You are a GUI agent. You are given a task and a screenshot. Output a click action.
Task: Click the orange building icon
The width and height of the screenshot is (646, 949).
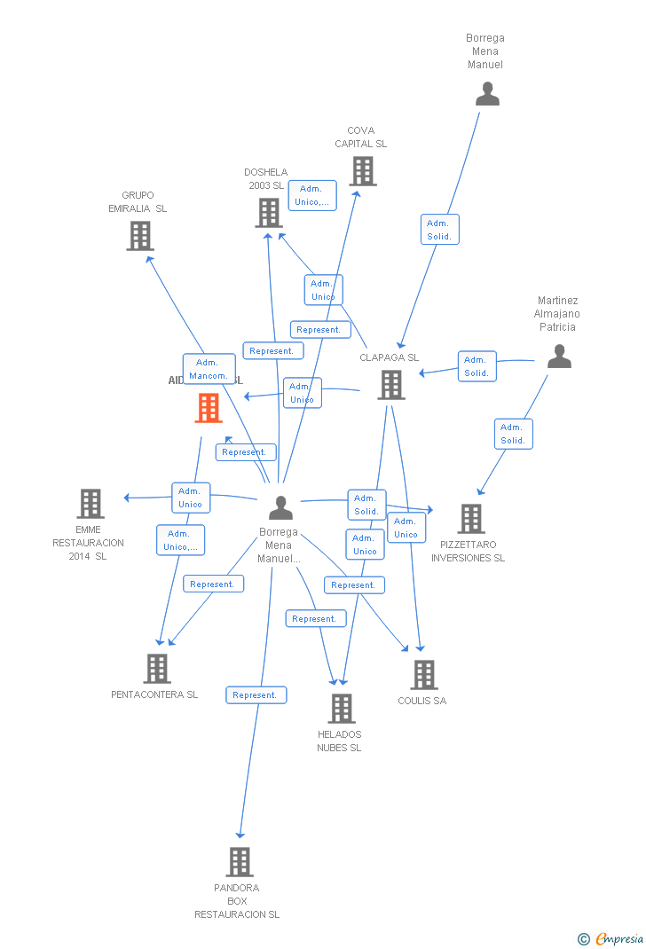click(x=209, y=408)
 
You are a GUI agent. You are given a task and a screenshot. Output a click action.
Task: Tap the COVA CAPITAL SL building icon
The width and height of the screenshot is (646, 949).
click(x=362, y=171)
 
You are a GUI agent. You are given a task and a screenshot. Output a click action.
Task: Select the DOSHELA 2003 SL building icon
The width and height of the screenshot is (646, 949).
click(x=269, y=213)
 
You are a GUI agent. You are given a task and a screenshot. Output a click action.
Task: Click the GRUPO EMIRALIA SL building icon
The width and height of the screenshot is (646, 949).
click(x=139, y=236)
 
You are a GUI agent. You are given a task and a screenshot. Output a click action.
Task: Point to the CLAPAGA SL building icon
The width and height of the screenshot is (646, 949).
click(x=391, y=385)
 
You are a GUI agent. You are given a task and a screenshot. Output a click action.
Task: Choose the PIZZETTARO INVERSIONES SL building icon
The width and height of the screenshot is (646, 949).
click(x=470, y=519)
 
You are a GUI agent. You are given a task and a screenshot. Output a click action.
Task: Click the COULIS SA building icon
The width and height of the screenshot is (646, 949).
click(x=423, y=675)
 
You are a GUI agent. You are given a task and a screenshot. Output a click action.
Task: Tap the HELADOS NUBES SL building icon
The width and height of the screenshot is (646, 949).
click(x=342, y=709)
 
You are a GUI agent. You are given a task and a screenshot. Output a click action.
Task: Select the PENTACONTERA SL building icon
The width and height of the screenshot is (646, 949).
click(x=156, y=669)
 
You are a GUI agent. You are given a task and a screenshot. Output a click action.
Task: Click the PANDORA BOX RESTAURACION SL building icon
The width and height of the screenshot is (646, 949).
click(x=239, y=861)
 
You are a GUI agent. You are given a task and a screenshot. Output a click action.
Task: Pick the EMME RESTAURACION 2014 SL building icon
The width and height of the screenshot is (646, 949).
click(x=90, y=504)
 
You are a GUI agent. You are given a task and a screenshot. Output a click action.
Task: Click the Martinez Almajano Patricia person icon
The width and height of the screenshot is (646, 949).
click(x=559, y=357)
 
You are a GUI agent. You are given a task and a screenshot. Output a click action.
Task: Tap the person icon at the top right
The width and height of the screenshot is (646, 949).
click(x=487, y=94)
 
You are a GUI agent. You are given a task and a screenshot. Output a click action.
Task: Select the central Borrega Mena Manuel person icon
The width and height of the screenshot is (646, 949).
click(x=280, y=508)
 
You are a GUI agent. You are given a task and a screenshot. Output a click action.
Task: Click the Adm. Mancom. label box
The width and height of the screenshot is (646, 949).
click(x=209, y=369)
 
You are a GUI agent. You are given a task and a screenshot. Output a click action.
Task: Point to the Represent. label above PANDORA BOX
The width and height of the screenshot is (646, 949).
click(x=256, y=695)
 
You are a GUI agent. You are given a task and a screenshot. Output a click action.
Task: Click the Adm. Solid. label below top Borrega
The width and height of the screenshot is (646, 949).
click(x=439, y=230)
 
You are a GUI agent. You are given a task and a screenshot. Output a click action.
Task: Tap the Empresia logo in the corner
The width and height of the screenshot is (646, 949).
click(x=611, y=938)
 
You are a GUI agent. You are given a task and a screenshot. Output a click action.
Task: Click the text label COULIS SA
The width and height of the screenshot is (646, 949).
click(x=421, y=701)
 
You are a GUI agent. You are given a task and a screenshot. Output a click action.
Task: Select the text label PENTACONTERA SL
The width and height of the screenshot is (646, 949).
click(x=154, y=694)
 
